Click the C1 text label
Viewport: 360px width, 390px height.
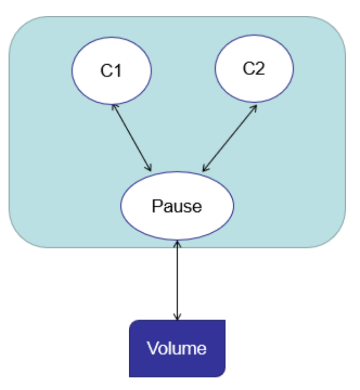111,71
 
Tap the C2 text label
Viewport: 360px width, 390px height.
253,69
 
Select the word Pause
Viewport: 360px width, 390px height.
177,206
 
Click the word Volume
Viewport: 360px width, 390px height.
177,349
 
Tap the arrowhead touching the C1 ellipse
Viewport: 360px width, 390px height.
114,106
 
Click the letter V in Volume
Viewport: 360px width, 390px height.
151,349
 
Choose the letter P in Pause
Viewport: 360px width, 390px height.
156,206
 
